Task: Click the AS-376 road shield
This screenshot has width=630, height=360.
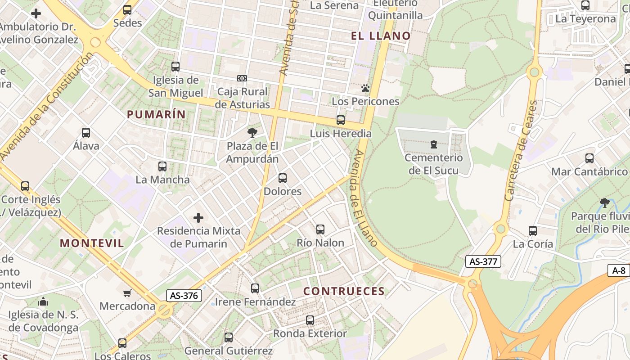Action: [184, 296]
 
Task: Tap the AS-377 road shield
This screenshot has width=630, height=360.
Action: [483, 261]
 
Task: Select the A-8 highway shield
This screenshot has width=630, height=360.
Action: [619, 270]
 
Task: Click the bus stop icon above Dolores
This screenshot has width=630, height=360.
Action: [283, 178]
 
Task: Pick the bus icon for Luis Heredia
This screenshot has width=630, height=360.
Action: [341, 120]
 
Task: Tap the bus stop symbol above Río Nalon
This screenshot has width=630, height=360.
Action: [320, 229]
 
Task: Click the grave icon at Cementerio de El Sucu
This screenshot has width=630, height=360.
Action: [433, 144]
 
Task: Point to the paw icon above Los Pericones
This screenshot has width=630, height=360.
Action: [365, 88]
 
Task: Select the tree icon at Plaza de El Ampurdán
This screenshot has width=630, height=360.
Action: [252, 132]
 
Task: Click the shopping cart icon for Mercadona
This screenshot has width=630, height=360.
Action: [127, 293]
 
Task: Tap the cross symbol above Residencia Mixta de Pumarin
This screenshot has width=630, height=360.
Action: [198, 218]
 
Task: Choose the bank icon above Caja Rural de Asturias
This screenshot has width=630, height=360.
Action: [242, 78]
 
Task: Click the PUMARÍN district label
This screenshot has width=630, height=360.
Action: [156, 114]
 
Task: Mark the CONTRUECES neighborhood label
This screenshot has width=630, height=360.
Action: [344, 291]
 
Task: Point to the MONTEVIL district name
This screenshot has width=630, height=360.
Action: [92, 243]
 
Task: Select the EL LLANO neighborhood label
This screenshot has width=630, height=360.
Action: [381, 36]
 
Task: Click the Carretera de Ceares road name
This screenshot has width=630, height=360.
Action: [521, 151]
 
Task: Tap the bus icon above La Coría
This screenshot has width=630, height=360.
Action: [533, 231]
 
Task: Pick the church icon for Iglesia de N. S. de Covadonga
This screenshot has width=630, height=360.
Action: [43, 301]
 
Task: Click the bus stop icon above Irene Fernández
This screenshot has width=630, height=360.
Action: [255, 288]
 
